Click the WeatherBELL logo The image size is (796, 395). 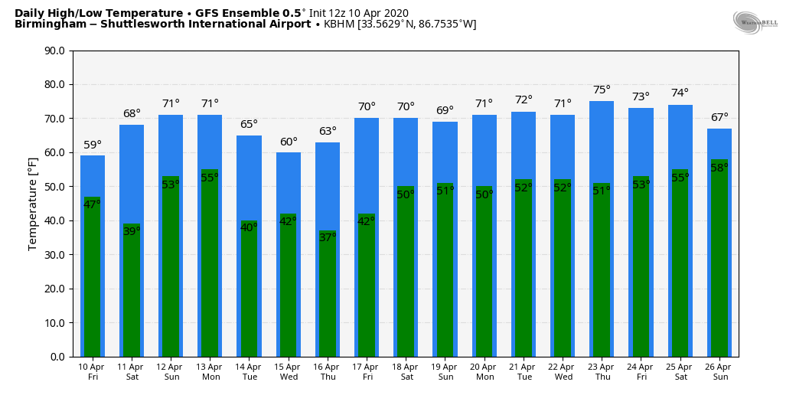tap(755, 22)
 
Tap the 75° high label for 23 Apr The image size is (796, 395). tap(602, 90)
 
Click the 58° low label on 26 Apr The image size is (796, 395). tap(719, 168)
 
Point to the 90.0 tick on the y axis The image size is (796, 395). tap(54, 51)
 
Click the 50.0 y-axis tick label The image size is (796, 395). tap(54, 187)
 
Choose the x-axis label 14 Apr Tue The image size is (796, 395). tap(250, 372)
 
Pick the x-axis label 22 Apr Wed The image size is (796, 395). tap(563, 372)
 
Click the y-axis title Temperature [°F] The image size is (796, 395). tap(33, 204)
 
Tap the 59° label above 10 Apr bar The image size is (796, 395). tap(93, 145)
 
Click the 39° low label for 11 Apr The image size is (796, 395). tap(132, 231)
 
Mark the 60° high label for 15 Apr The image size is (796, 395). tap(289, 142)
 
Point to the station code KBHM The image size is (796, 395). tap(339, 24)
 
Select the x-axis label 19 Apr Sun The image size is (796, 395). tap(445, 372)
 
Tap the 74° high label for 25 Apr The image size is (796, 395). tap(680, 93)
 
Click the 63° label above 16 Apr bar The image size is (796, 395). tap(328, 131)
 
